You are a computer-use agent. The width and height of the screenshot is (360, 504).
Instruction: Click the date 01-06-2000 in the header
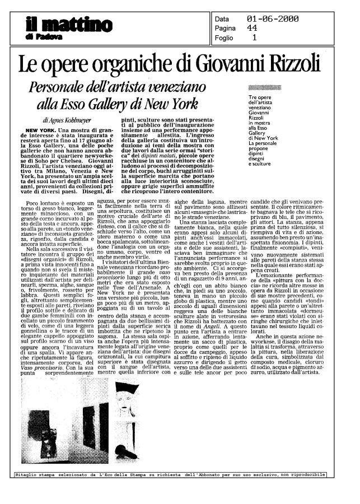(x=273, y=20)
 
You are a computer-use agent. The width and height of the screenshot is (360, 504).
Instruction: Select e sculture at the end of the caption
(x=275, y=165)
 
